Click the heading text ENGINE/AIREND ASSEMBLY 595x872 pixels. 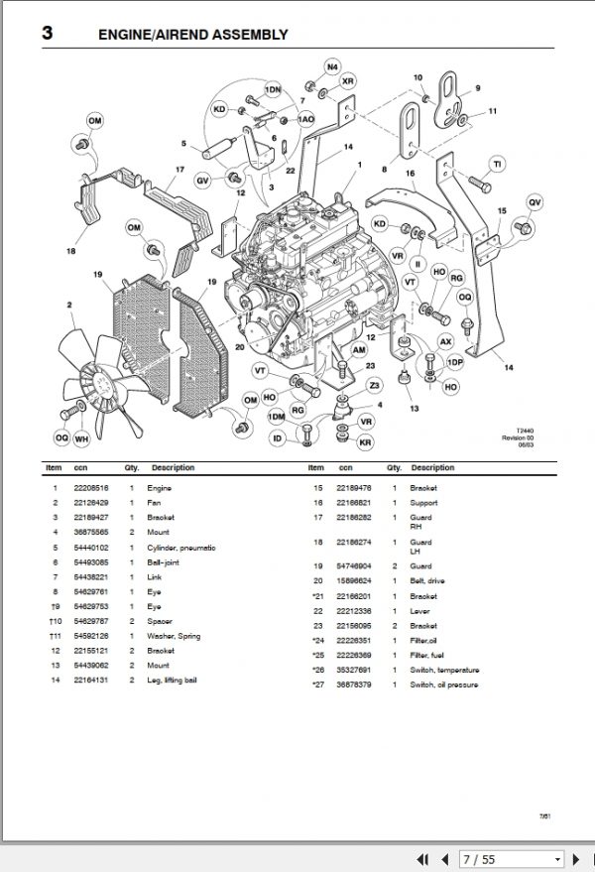pyautogui.click(x=192, y=35)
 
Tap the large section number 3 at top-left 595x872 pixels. pyautogui.click(x=47, y=34)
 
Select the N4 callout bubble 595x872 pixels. pyautogui.click(x=331, y=66)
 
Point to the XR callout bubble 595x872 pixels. pyautogui.click(x=347, y=80)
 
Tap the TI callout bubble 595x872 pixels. pyautogui.click(x=498, y=163)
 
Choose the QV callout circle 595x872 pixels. pyautogui.click(x=535, y=202)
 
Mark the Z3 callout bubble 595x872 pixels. pyautogui.click(x=374, y=385)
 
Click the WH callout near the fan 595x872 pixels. pyautogui.click(x=82, y=437)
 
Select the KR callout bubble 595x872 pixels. pyautogui.click(x=365, y=441)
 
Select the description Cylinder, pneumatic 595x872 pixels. pyautogui.click(x=181, y=548)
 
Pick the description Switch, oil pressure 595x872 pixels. pyautogui.click(x=443, y=684)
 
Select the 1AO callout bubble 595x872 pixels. pyautogui.click(x=306, y=119)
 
